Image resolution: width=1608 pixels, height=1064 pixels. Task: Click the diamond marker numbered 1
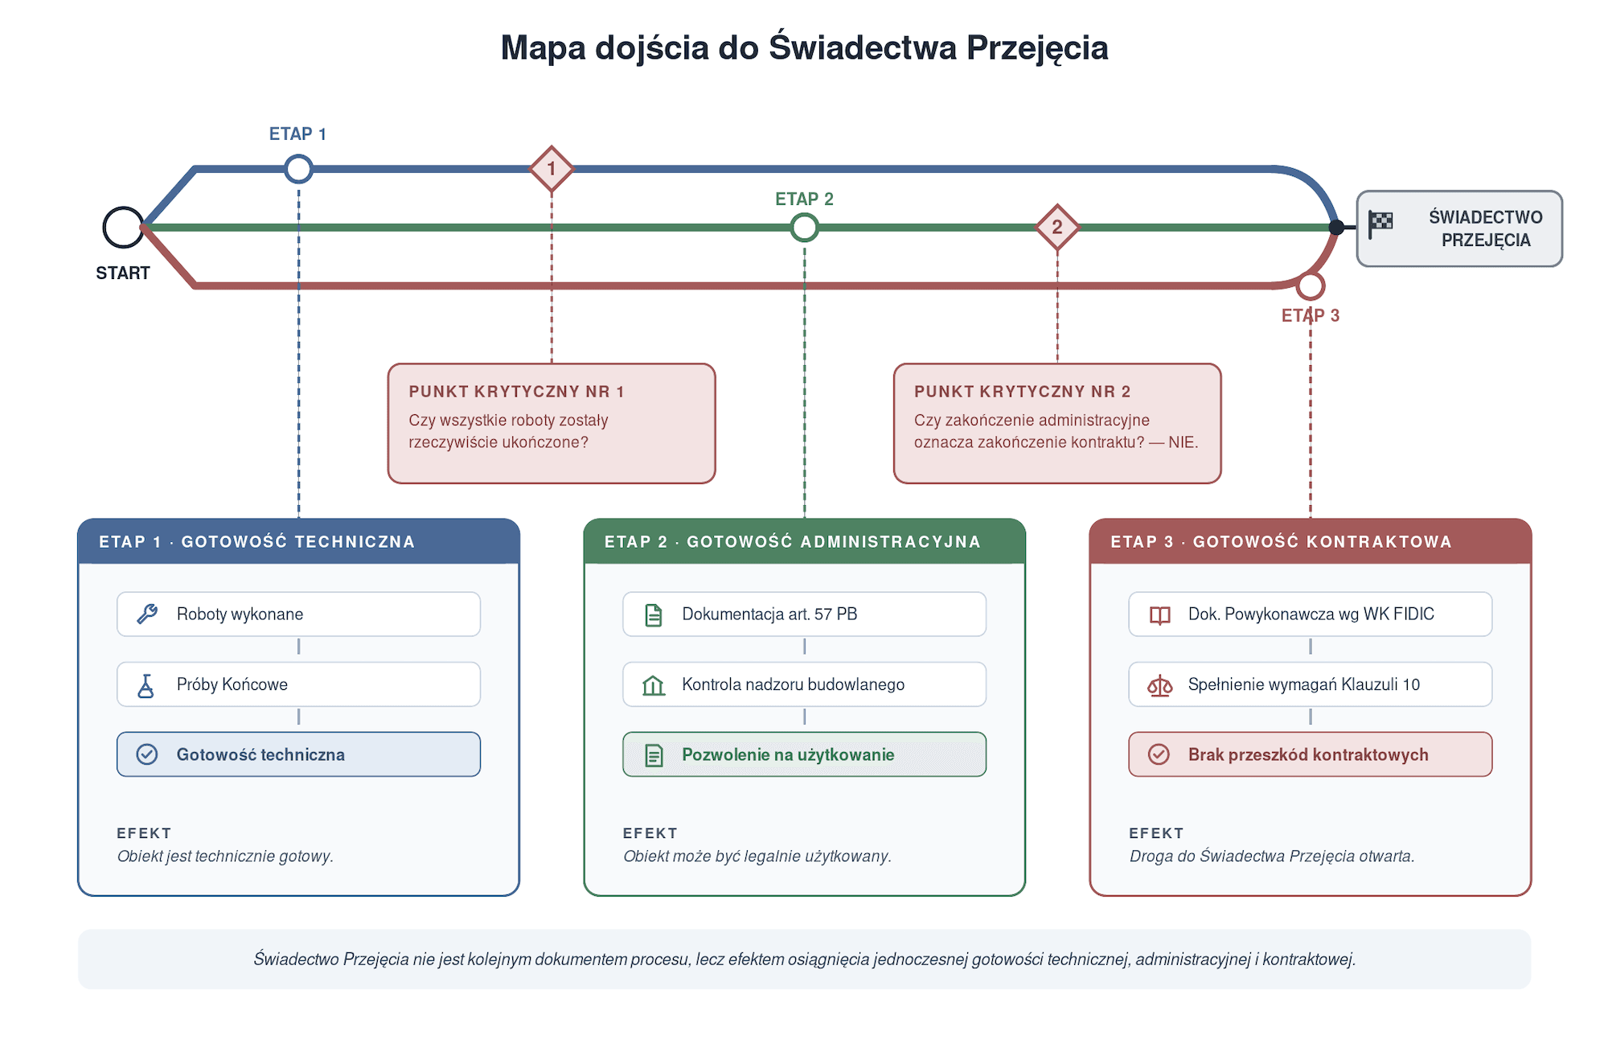[x=552, y=169]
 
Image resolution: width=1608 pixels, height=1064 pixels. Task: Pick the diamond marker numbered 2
[x=1057, y=228]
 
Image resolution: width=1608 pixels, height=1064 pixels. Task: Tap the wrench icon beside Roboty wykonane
[x=147, y=614]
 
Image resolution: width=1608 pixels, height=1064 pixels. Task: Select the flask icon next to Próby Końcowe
[x=146, y=685]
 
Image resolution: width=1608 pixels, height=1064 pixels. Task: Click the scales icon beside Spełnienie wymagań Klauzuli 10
[x=1159, y=685]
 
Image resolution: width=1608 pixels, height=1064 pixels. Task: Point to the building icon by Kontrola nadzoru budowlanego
[x=654, y=685]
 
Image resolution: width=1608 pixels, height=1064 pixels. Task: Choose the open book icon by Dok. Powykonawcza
[x=1159, y=615]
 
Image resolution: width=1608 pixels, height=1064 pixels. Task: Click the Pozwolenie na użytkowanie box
[x=804, y=754]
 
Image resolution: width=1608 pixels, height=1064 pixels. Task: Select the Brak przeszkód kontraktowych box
[x=1311, y=754]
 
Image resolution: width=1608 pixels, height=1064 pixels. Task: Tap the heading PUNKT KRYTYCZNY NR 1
[x=516, y=392]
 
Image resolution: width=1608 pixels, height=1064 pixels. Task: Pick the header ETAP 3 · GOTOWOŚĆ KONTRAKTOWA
[x=1281, y=542]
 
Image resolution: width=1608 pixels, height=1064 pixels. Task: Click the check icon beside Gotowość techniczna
[x=147, y=754]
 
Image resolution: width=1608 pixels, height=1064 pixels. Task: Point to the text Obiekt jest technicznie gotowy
[x=225, y=857]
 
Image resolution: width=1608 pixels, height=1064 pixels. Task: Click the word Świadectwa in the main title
[x=863, y=47]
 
